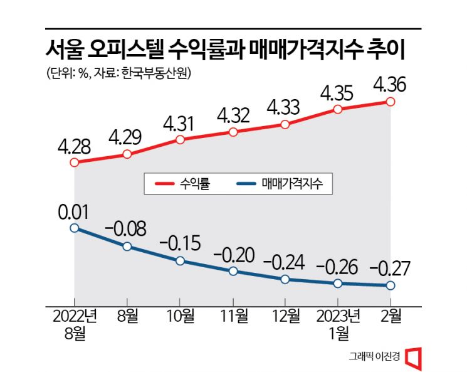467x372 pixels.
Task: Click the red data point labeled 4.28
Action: click(x=75, y=162)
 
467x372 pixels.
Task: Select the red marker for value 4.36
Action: click(x=391, y=102)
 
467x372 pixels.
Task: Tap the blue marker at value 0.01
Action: click(x=75, y=228)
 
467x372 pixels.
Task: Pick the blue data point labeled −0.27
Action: click(x=391, y=285)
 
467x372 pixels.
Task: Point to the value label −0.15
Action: click(x=180, y=242)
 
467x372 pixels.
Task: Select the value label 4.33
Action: click(x=285, y=106)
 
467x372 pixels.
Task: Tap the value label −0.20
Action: click(x=233, y=254)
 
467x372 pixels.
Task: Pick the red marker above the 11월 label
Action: click(x=233, y=132)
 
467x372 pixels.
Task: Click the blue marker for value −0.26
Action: click(x=338, y=284)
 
